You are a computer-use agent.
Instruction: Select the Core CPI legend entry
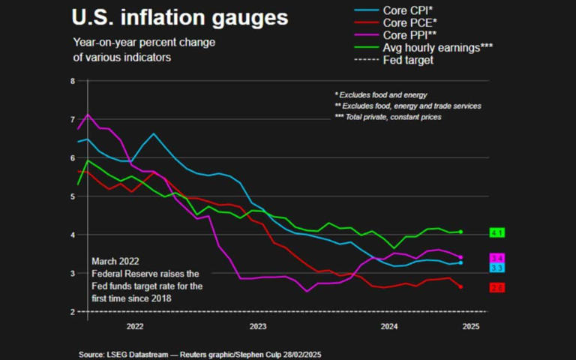point(409,10)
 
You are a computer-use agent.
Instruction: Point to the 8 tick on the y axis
point(73,81)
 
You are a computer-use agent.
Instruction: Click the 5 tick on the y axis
point(73,196)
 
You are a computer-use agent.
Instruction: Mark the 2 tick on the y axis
point(73,312)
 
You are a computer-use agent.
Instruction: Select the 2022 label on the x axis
point(135,326)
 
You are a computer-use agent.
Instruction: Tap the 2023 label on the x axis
point(257,326)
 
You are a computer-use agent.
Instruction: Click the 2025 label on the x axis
point(470,326)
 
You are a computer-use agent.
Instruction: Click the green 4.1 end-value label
point(496,233)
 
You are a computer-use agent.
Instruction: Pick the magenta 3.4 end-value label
point(496,258)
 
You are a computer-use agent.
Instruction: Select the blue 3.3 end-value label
point(496,268)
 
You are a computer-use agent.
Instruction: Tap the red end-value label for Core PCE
point(496,288)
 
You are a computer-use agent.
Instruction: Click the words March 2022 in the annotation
point(116,261)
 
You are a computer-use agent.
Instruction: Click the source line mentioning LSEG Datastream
point(200,353)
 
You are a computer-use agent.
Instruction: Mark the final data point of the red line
point(460,286)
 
